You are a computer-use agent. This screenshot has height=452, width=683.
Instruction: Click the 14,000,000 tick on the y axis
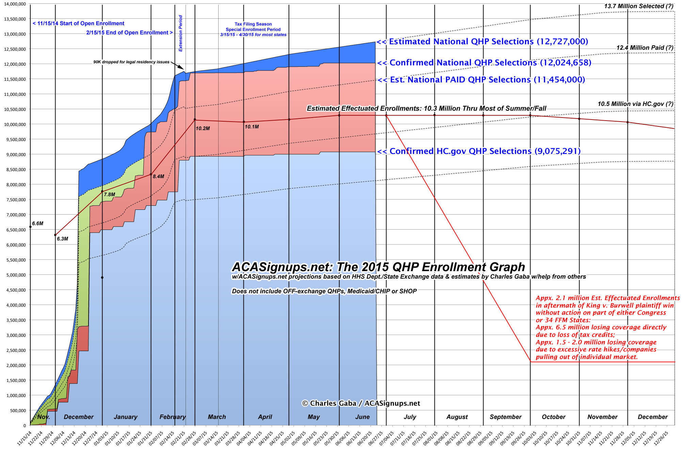(x=15, y=4)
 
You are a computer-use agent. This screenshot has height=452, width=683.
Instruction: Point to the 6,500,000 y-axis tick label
(x=15, y=230)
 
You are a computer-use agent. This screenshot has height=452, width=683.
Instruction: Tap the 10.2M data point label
(x=203, y=128)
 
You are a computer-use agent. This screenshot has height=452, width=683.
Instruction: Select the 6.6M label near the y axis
(x=37, y=223)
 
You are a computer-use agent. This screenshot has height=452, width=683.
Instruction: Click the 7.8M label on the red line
(x=109, y=194)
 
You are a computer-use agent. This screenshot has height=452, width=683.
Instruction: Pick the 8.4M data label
(x=158, y=176)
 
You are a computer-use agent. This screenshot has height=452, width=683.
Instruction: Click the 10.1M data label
(x=252, y=127)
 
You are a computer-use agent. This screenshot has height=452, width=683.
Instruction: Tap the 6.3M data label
(x=62, y=239)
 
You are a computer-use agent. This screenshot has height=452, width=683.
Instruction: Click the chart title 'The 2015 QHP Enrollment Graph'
(x=378, y=267)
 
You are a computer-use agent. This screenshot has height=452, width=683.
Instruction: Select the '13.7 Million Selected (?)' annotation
(x=638, y=6)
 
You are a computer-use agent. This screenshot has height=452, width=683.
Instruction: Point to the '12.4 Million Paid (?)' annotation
(x=645, y=48)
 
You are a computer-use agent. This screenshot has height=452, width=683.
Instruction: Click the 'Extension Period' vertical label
(x=180, y=33)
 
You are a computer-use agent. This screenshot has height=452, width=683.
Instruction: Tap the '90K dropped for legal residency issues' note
(x=131, y=62)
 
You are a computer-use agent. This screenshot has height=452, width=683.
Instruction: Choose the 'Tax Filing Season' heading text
(x=253, y=24)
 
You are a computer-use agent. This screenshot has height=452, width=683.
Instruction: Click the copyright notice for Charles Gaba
(x=361, y=403)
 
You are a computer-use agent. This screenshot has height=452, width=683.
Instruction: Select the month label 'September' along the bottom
(x=505, y=417)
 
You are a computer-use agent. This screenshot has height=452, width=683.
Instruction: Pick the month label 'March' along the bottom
(x=217, y=417)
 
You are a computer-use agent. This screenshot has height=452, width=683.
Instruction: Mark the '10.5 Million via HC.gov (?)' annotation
(x=635, y=104)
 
